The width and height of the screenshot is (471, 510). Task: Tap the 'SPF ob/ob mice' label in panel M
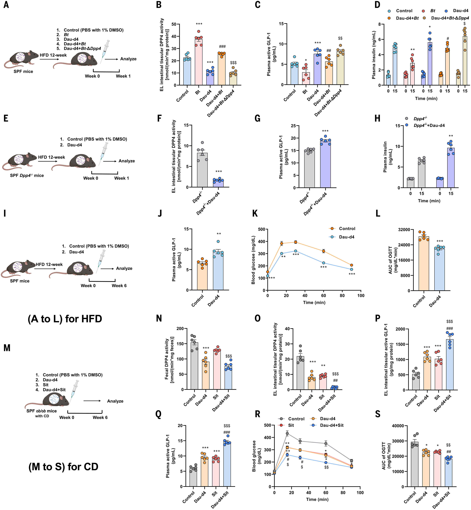pos(42,411)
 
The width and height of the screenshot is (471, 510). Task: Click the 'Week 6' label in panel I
pos(119,286)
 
